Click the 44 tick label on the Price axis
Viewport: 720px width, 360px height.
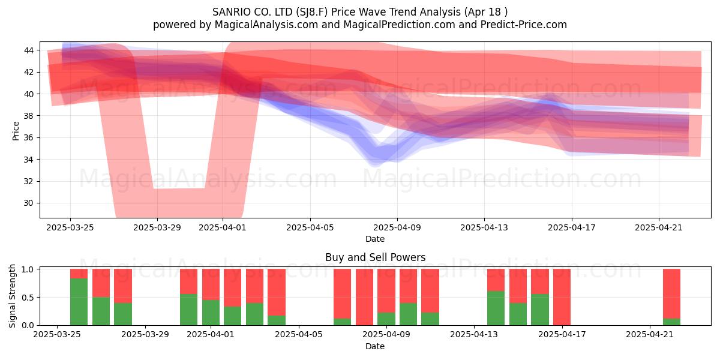29,50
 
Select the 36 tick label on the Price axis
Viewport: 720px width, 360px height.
29,137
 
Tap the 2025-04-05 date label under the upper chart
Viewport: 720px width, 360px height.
310,227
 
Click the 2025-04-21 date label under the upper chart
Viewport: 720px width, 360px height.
659,227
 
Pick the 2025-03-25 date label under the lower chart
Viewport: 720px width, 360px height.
57,335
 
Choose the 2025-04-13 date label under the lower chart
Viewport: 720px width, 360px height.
474,335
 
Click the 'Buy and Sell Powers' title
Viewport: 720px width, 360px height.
375,257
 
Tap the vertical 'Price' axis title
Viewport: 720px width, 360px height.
16,131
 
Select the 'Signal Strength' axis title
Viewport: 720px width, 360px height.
12,296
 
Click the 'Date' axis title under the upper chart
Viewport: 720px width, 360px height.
375,239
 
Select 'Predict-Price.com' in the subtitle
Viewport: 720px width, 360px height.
524,25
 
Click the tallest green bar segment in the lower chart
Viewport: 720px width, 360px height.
79,302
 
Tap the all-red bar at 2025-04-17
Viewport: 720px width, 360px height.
562,297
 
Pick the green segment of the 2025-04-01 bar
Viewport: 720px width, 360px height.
211,313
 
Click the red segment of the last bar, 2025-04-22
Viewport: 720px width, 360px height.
671,294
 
